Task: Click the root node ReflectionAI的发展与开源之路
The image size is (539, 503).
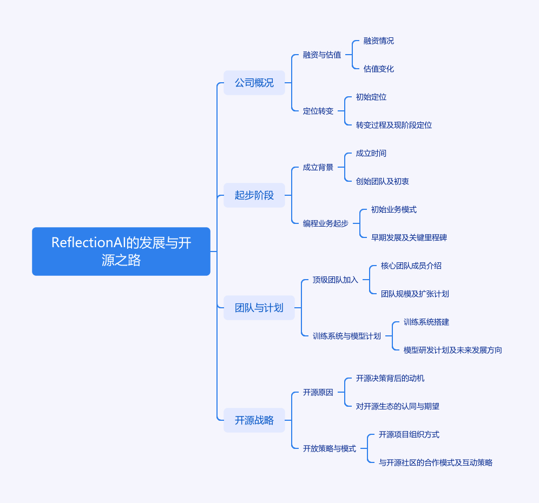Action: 121,251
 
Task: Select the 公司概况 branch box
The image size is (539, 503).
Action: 254,83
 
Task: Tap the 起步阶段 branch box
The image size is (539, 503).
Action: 254,195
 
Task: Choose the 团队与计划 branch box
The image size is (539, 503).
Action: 259,308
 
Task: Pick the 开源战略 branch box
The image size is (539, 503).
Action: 254,420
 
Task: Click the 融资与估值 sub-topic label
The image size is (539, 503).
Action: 322,55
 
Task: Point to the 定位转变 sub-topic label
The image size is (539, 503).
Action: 318,111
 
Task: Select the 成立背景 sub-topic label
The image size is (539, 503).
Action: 318,167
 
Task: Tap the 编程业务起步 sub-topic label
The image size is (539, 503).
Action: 326,223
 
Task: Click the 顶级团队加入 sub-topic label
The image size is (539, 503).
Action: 336,280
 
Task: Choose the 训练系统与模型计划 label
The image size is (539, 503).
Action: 347,336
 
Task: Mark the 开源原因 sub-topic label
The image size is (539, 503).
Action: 318,392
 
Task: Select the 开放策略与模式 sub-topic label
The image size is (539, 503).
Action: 330,448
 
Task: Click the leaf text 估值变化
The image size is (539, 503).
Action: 379,69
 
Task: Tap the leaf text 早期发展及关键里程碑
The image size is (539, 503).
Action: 409,237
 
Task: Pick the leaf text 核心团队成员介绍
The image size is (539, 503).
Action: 411,266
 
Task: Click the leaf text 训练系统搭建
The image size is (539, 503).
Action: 426,322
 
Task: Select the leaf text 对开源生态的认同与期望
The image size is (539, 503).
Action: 398,406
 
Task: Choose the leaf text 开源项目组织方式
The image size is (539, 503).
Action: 409,434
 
